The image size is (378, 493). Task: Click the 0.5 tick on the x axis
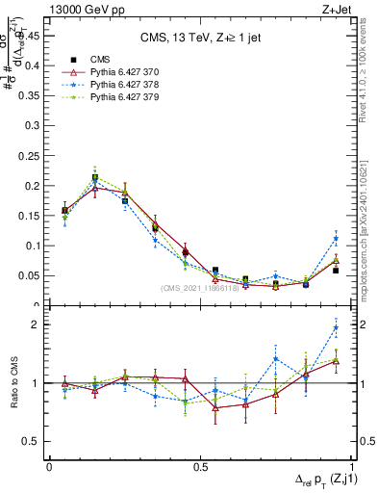coord(200,465)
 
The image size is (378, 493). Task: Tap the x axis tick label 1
coord(351,465)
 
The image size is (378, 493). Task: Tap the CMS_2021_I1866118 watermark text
coord(199,289)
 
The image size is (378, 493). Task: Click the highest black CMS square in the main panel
coord(94,177)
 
